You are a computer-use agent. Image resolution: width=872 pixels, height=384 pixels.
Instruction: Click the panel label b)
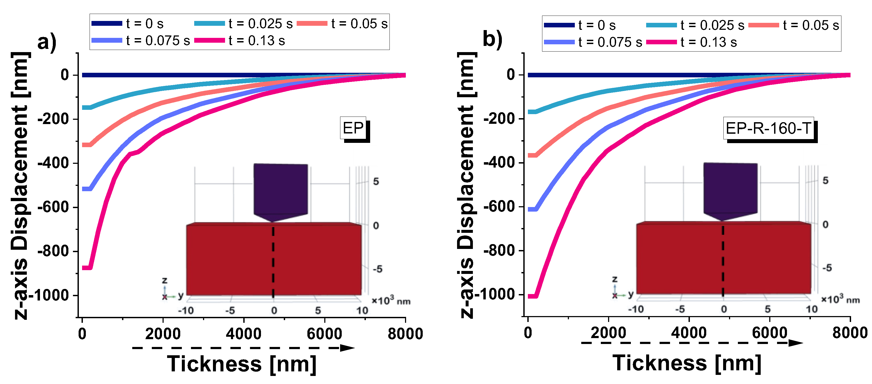[x=492, y=39]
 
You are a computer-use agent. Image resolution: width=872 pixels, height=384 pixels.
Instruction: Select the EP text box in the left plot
[x=353, y=128]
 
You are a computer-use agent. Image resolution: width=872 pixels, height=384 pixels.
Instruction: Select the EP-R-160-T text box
[x=768, y=128]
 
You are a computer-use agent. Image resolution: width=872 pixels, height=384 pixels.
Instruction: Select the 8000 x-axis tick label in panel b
[x=850, y=333]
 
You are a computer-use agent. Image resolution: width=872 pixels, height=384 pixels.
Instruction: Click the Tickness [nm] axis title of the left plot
[x=242, y=364]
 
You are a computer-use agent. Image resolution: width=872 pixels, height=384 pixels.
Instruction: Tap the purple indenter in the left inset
[x=280, y=190]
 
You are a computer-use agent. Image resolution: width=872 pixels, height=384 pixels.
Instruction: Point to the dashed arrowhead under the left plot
[x=347, y=348]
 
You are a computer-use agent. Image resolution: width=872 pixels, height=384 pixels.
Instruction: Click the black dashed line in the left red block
[x=273, y=261]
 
